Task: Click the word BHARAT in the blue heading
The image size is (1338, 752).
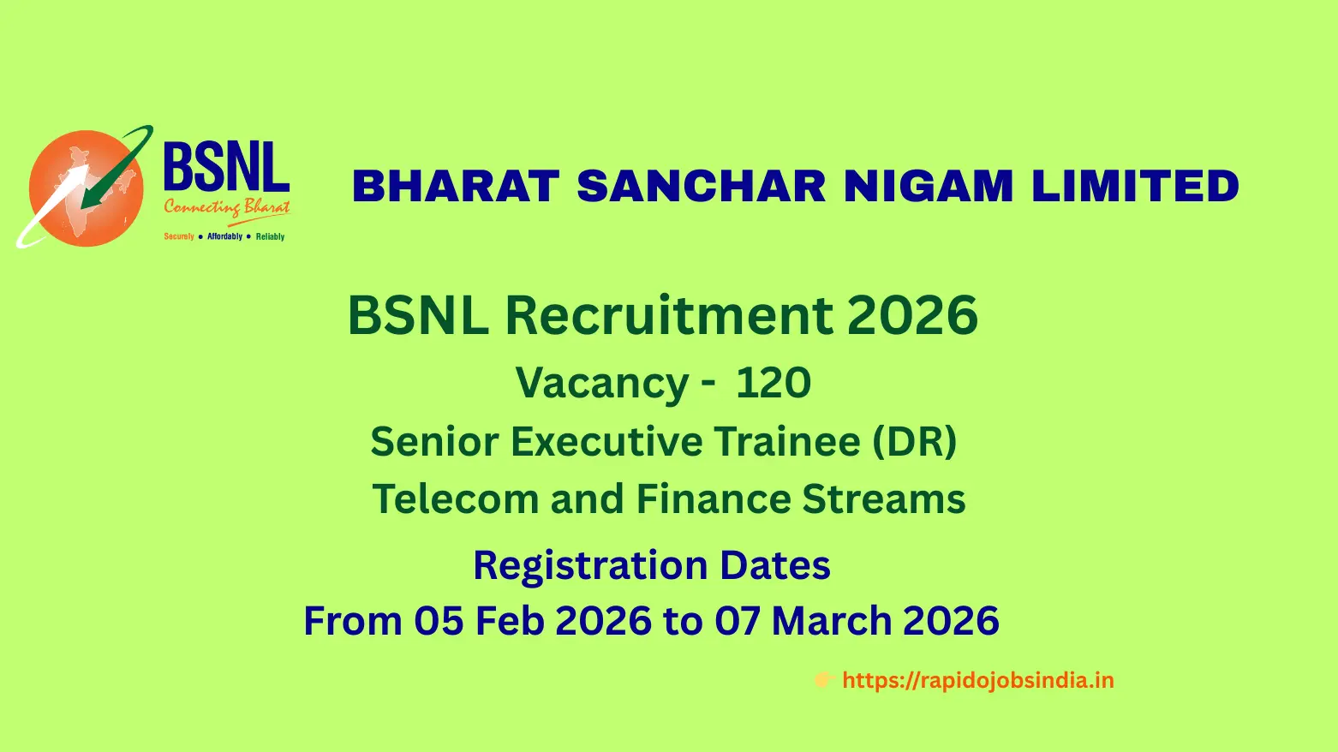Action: click(x=456, y=186)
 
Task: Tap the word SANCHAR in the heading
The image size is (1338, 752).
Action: click(x=702, y=186)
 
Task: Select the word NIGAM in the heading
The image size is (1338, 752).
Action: click(x=929, y=186)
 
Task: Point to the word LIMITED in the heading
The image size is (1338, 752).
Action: click(x=1136, y=186)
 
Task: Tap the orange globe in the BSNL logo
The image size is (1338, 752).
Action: click(x=87, y=188)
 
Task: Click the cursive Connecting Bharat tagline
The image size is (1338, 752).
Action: click(x=227, y=208)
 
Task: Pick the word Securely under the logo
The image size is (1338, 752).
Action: click(x=179, y=236)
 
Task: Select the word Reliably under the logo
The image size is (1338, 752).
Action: click(x=270, y=236)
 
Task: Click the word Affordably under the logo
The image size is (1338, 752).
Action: click(x=224, y=236)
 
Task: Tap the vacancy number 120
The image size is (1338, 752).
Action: click(x=774, y=382)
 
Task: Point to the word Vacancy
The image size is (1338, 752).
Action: click(x=602, y=384)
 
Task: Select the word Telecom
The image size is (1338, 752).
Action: click(x=456, y=498)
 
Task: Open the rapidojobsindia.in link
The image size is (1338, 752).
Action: click(x=978, y=681)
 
